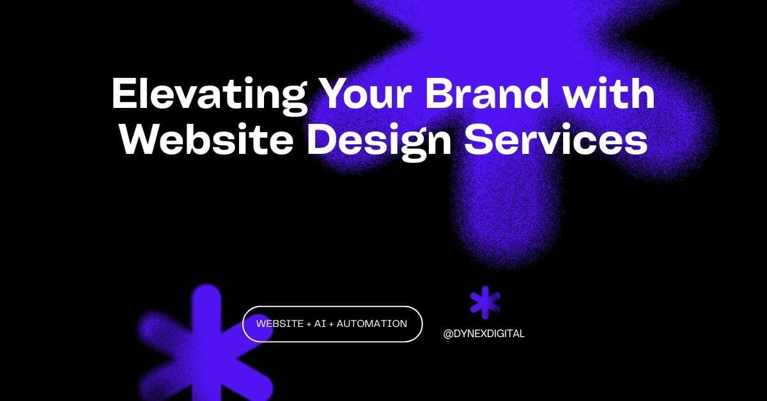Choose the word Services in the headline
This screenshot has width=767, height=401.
pyautogui.click(x=555, y=140)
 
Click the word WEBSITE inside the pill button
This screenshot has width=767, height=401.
pyautogui.click(x=280, y=324)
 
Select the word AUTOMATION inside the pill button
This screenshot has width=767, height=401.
pyautogui.click(x=372, y=324)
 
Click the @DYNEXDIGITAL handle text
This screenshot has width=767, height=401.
pyautogui.click(x=484, y=333)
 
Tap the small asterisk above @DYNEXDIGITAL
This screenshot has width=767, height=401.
pyautogui.click(x=485, y=301)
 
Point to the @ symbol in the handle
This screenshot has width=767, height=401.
pyautogui.click(x=448, y=333)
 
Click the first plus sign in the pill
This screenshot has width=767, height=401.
pyautogui.click(x=309, y=324)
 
